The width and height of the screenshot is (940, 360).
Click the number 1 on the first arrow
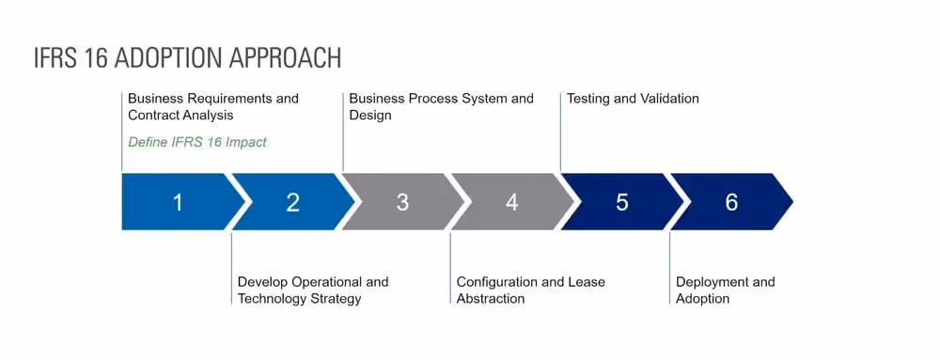point(178,202)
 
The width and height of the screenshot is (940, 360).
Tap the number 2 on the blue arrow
point(292,202)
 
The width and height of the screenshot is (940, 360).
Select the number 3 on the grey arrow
point(402,202)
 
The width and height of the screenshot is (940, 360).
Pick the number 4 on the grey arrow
point(511,202)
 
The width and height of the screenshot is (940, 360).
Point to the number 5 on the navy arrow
point(621,202)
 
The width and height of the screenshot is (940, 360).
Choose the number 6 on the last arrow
point(731,202)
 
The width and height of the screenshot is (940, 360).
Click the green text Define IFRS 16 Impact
point(197,142)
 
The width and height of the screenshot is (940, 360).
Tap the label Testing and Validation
point(633,98)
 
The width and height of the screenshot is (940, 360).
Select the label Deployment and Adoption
point(725,290)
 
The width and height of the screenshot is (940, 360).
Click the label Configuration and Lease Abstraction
point(530,290)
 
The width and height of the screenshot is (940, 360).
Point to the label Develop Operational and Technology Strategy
point(312,290)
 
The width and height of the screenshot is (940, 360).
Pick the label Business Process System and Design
point(441,106)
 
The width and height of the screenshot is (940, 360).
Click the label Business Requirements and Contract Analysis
point(212,106)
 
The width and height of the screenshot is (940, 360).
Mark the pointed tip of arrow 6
point(791,202)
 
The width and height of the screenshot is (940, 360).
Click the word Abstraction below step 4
point(491,299)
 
